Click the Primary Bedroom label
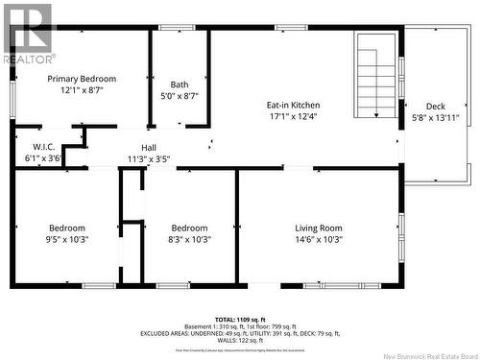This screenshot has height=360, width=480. [x=83, y=79]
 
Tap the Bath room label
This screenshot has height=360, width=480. [x=180, y=84]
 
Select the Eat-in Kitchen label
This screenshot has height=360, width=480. [x=293, y=105]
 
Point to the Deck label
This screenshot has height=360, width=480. [x=435, y=107]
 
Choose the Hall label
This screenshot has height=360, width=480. [x=149, y=147]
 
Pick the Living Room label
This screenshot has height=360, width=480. [x=319, y=228]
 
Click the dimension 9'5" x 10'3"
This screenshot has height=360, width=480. [x=66, y=239]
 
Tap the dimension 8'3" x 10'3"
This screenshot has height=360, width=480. [x=190, y=239]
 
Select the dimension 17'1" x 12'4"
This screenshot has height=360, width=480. [x=293, y=117]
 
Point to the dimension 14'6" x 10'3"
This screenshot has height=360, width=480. [x=319, y=239]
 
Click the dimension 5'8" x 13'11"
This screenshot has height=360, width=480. [x=435, y=118]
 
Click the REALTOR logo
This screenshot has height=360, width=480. [x=29, y=34]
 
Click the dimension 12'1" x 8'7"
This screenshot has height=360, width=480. [x=83, y=90]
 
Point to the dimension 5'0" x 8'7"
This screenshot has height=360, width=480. [x=180, y=96]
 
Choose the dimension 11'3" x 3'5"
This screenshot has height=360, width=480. [x=149, y=158]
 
